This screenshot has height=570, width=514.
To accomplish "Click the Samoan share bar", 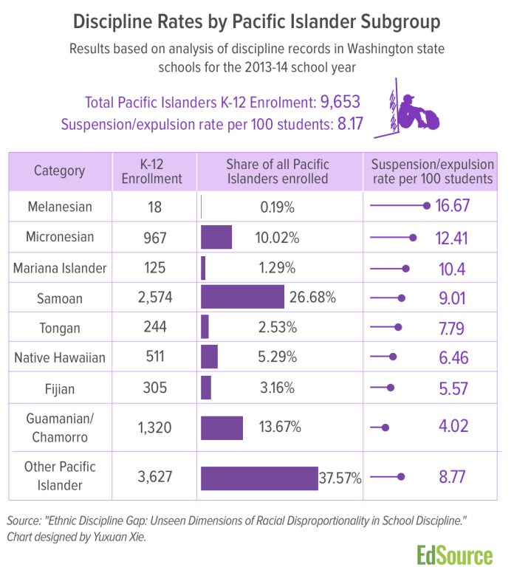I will point(242,298).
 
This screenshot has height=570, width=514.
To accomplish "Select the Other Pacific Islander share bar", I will point(258,478).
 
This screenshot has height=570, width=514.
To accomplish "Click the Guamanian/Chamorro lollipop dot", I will point(385,427).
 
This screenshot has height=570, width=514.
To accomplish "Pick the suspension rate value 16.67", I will point(453,207).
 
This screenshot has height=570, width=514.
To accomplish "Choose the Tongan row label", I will point(60,327).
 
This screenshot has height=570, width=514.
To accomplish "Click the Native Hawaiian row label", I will point(60,358).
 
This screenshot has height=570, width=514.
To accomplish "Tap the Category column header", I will point(60,171).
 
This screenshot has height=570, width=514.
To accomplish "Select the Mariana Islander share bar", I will point(203,267).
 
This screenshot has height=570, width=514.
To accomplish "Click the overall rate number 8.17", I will point(349,123).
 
